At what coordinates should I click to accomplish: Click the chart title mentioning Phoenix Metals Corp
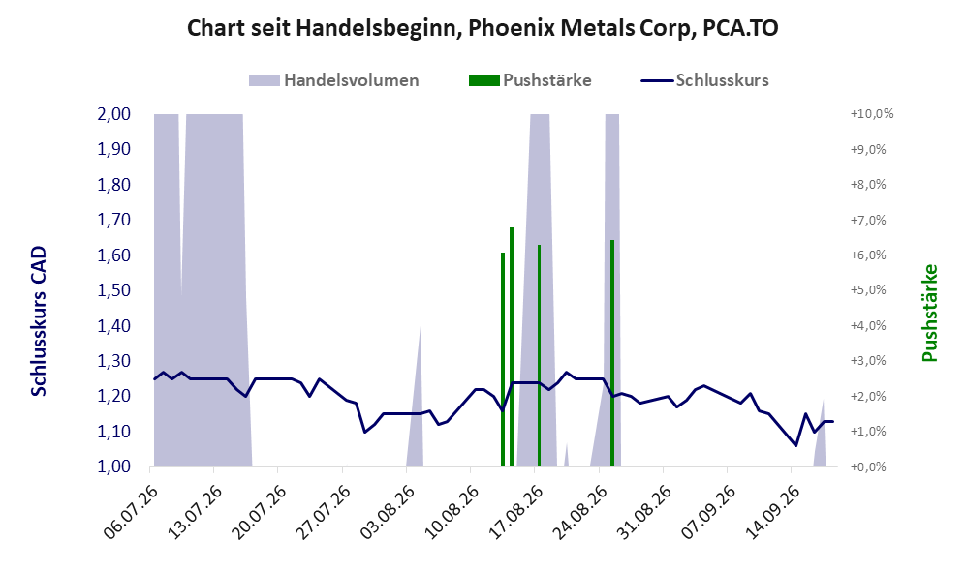(x=483, y=28)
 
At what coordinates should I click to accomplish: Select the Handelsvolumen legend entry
(x=334, y=80)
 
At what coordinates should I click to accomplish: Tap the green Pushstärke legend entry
(x=530, y=80)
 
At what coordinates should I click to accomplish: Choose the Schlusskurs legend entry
(x=704, y=80)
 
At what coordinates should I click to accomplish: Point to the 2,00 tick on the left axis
(x=114, y=114)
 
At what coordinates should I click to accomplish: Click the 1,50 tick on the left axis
(x=114, y=290)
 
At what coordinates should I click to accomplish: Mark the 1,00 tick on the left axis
(x=114, y=466)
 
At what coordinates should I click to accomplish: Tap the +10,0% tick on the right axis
(x=872, y=114)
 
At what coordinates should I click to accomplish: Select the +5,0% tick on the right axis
(x=868, y=290)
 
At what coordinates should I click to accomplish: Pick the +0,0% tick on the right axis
(x=868, y=466)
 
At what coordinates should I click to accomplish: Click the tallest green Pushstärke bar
(x=512, y=347)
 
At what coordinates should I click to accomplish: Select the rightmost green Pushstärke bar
(x=612, y=353)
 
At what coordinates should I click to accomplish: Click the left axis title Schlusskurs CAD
(x=39, y=320)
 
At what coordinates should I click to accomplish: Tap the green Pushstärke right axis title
(x=929, y=314)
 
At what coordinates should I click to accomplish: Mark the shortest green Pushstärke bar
(x=503, y=359)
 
